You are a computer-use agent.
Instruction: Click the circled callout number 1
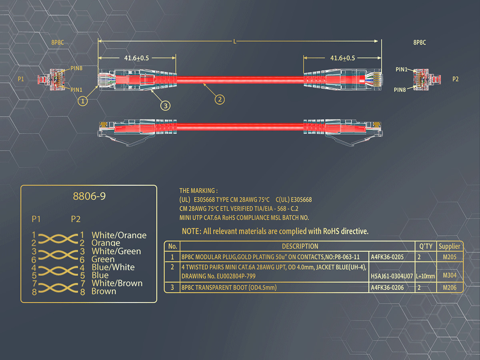(x=83, y=101)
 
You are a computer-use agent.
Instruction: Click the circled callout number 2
(x=220, y=100)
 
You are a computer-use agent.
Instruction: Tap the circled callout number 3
(x=165, y=106)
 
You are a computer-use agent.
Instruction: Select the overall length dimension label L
(x=235, y=41)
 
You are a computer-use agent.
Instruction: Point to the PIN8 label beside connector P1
(x=76, y=68)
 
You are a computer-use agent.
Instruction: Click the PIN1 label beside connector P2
(x=402, y=70)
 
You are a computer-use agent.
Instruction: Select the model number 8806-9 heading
(x=89, y=196)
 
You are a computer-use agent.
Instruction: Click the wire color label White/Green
(x=116, y=251)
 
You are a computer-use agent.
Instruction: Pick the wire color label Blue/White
(x=113, y=267)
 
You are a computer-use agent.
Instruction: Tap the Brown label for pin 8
(x=104, y=291)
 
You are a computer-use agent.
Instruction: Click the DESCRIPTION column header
(x=300, y=246)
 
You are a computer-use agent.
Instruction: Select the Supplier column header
(x=449, y=246)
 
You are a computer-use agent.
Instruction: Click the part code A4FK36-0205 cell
(x=387, y=257)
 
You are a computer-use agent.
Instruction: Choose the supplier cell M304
(x=450, y=275)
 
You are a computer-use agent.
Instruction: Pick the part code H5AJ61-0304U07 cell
(x=392, y=276)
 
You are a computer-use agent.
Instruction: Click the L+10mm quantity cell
(x=425, y=276)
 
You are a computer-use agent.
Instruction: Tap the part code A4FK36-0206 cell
(x=387, y=288)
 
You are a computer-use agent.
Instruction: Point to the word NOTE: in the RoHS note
(x=191, y=231)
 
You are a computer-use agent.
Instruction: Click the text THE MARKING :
(x=198, y=191)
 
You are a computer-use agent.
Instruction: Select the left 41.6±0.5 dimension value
(x=136, y=58)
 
